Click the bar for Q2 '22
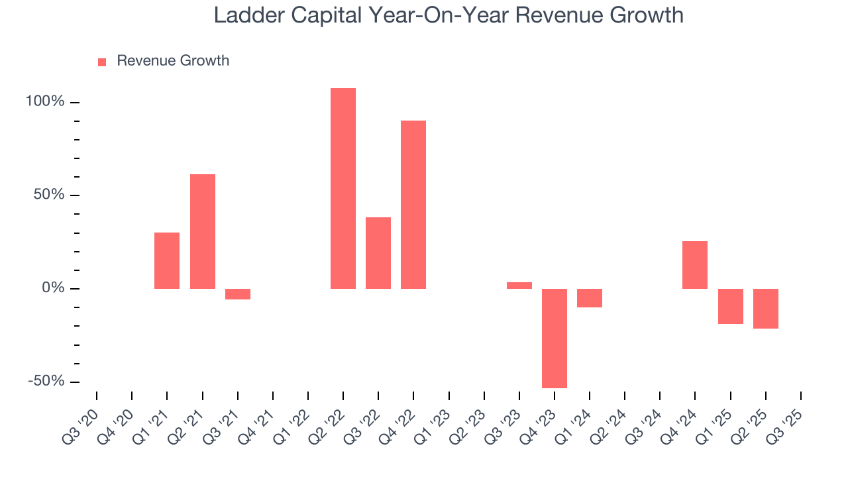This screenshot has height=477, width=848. [x=343, y=188]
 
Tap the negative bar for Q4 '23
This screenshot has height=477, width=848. [x=555, y=338]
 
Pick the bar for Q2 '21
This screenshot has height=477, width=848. [x=203, y=231]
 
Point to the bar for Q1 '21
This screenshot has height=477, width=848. [x=167, y=260]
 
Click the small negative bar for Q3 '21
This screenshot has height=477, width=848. [x=238, y=294]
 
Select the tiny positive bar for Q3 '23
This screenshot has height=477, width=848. [x=519, y=286]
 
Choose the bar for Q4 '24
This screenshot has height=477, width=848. [x=695, y=265]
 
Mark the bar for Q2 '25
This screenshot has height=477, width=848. [x=766, y=309]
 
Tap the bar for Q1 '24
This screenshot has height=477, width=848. [x=590, y=298]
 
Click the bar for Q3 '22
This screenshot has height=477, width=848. [x=378, y=253]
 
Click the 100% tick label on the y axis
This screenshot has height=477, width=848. [x=45, y=102]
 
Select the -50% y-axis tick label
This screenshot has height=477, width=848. [x=46, y=382]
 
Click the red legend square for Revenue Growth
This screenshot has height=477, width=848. [x=102, y=62]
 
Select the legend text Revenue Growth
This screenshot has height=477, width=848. [x=173, y=61]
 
